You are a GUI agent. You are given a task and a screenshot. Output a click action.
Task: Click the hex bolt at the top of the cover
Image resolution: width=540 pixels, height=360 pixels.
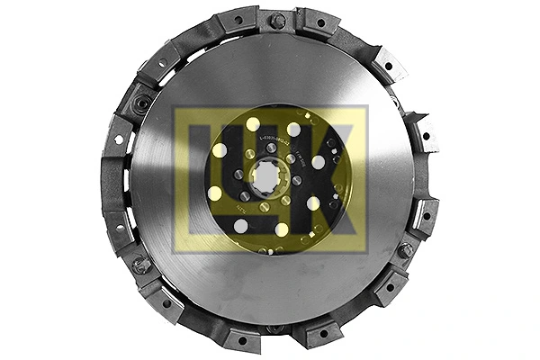click(278, 19)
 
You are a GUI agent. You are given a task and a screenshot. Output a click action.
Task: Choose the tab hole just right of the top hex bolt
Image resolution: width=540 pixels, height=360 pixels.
click(317, 22)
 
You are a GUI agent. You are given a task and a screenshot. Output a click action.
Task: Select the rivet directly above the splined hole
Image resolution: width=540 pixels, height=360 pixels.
click(271, 148)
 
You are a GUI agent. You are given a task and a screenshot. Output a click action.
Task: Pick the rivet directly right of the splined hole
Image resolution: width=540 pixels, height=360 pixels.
click(296, 180)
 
